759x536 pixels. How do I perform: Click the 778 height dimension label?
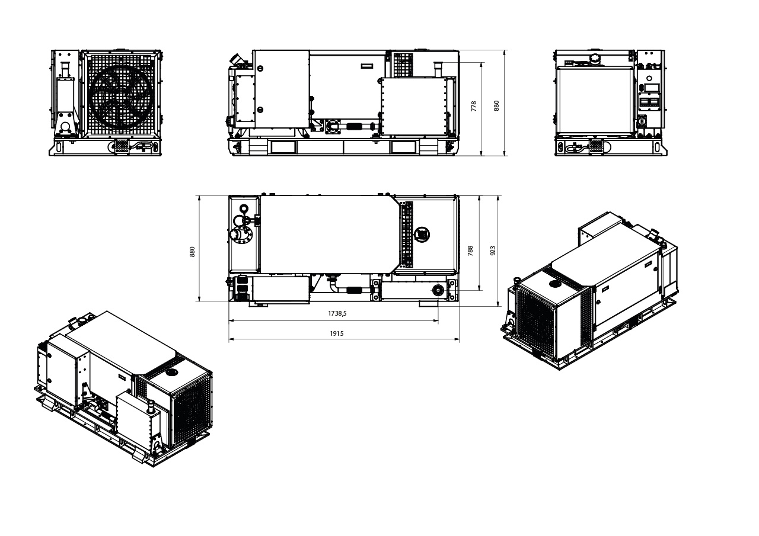473,106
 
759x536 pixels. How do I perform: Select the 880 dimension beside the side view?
497,105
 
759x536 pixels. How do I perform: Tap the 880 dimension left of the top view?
192,251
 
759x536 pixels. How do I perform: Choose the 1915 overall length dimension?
337,333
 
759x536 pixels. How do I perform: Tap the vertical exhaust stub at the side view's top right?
438,69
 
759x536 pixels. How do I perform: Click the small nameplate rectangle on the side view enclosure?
365,65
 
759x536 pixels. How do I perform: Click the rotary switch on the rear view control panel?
642,121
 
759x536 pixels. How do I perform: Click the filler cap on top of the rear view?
593,59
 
